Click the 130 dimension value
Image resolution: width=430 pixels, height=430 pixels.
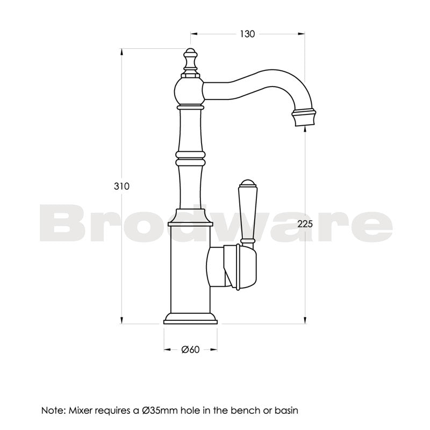click(x=247, y=34)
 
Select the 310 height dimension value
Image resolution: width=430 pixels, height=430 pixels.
click(x=121, y=187)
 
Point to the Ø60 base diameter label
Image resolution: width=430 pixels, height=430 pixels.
click(x=191, y=350)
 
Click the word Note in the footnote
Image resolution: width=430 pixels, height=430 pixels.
click(x=53, y=410)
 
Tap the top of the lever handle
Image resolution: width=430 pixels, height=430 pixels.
click(x=246, y=183)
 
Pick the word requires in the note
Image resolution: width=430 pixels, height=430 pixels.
click(x=111, y=410)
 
